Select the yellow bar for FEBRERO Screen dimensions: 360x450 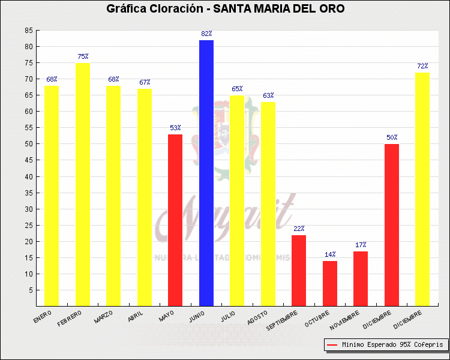click(x=82, y=184)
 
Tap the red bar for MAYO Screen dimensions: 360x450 click(x=175, y=220)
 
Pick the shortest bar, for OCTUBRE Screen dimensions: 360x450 click(x=330, y=283)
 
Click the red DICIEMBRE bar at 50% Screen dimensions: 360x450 click(x=391, y=225)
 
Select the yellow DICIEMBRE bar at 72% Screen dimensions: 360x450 click(x=422, y=189)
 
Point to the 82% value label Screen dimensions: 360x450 click(x=206, y=34)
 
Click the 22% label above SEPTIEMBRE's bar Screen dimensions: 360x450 click(x=299, y=229)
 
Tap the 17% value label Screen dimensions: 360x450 click(x=361, y=245)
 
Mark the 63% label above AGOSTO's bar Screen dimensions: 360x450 click(x=268, y=95)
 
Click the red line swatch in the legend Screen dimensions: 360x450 click(x=332, y=345)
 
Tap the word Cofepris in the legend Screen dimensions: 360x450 click(x=428, y=345)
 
